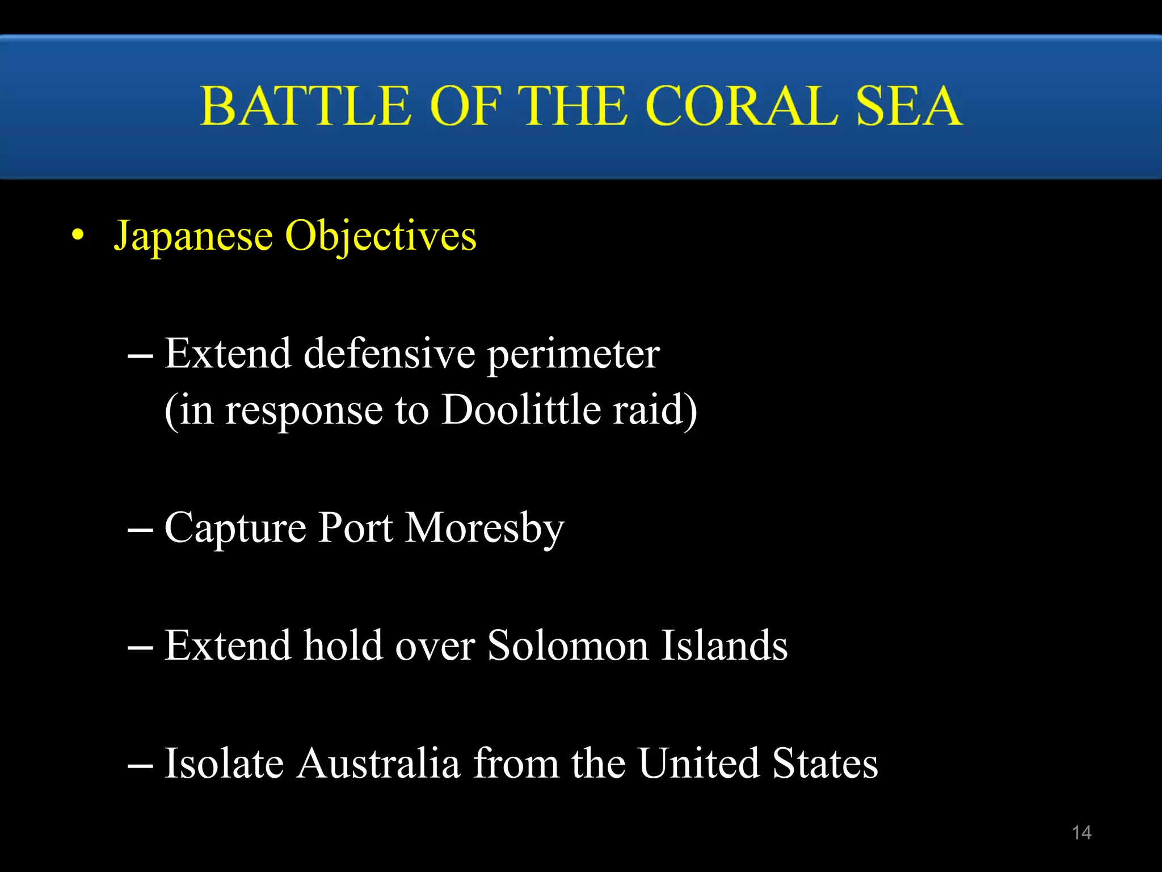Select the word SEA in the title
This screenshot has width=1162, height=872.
(908, 106)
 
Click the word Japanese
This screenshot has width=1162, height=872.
(193, 236)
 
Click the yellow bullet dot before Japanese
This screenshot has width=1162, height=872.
(78, 235)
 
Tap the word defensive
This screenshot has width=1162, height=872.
(389, 354)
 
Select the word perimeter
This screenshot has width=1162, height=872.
(573, 355)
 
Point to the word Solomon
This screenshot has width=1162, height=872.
(568, 646)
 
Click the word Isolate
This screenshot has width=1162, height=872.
(224, 763)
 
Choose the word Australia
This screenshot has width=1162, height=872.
(378, 763)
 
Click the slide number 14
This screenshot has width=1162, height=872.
(1081, 832)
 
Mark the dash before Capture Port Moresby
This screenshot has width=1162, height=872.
(140, 530)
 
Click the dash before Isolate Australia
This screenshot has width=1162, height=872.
(140, 765)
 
